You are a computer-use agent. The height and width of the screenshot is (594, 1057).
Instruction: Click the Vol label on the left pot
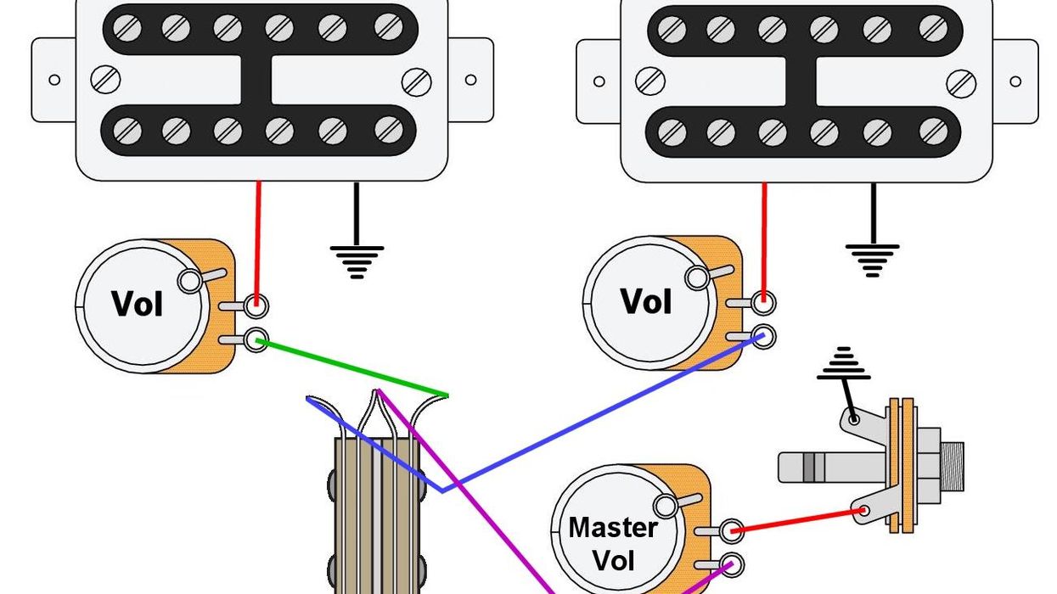click(138, 305)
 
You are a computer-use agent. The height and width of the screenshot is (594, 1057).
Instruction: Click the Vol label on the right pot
click(646, 301)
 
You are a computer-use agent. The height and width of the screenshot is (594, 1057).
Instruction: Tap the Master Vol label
click(613, 543)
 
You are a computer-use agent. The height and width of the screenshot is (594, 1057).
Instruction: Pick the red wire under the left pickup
click(259, 238)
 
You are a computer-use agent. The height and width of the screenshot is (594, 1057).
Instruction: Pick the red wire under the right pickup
click(764, 238)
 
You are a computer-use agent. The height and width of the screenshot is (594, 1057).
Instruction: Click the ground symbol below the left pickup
click(357, 259)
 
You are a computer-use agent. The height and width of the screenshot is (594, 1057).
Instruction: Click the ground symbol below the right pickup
click(872, 257)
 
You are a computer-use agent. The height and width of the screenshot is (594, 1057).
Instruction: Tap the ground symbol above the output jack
click(842, 363)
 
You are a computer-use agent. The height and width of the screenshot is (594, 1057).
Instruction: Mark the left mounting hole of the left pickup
click(54, 80)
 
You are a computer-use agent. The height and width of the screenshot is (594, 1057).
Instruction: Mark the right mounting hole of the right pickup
click(1015, 81)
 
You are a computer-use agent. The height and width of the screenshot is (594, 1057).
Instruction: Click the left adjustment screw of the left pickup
click(106, 80)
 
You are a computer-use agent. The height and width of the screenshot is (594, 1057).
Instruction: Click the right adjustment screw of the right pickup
click(961, 83)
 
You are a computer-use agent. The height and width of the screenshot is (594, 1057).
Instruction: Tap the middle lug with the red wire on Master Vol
click(731, 531)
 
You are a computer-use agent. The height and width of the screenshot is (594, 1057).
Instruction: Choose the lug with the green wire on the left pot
click(255, 340)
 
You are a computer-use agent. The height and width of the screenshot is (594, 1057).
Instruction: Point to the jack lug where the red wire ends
click(864, 510)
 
